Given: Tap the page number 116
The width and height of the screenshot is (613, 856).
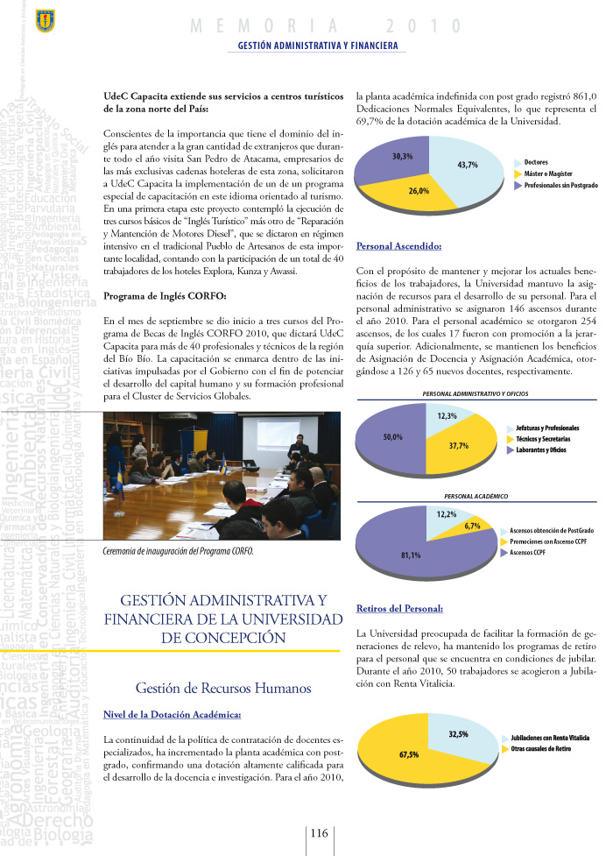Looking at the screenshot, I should coord(319,832).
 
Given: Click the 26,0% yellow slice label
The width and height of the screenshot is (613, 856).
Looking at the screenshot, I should coord(419,190).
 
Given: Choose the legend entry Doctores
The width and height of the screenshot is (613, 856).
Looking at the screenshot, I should coord(536,163).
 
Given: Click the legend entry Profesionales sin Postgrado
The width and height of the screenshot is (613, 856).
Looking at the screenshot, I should coord(560,187).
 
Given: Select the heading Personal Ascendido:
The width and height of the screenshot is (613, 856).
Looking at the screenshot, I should coord(398,246).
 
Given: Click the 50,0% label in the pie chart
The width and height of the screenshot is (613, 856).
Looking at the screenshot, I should coord(393,436).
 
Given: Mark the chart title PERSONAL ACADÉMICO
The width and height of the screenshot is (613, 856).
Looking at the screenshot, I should coord(476,496).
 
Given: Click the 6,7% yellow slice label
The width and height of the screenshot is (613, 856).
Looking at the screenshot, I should coord(473,526).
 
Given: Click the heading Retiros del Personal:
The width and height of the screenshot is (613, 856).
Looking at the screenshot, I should coord(400,607).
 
